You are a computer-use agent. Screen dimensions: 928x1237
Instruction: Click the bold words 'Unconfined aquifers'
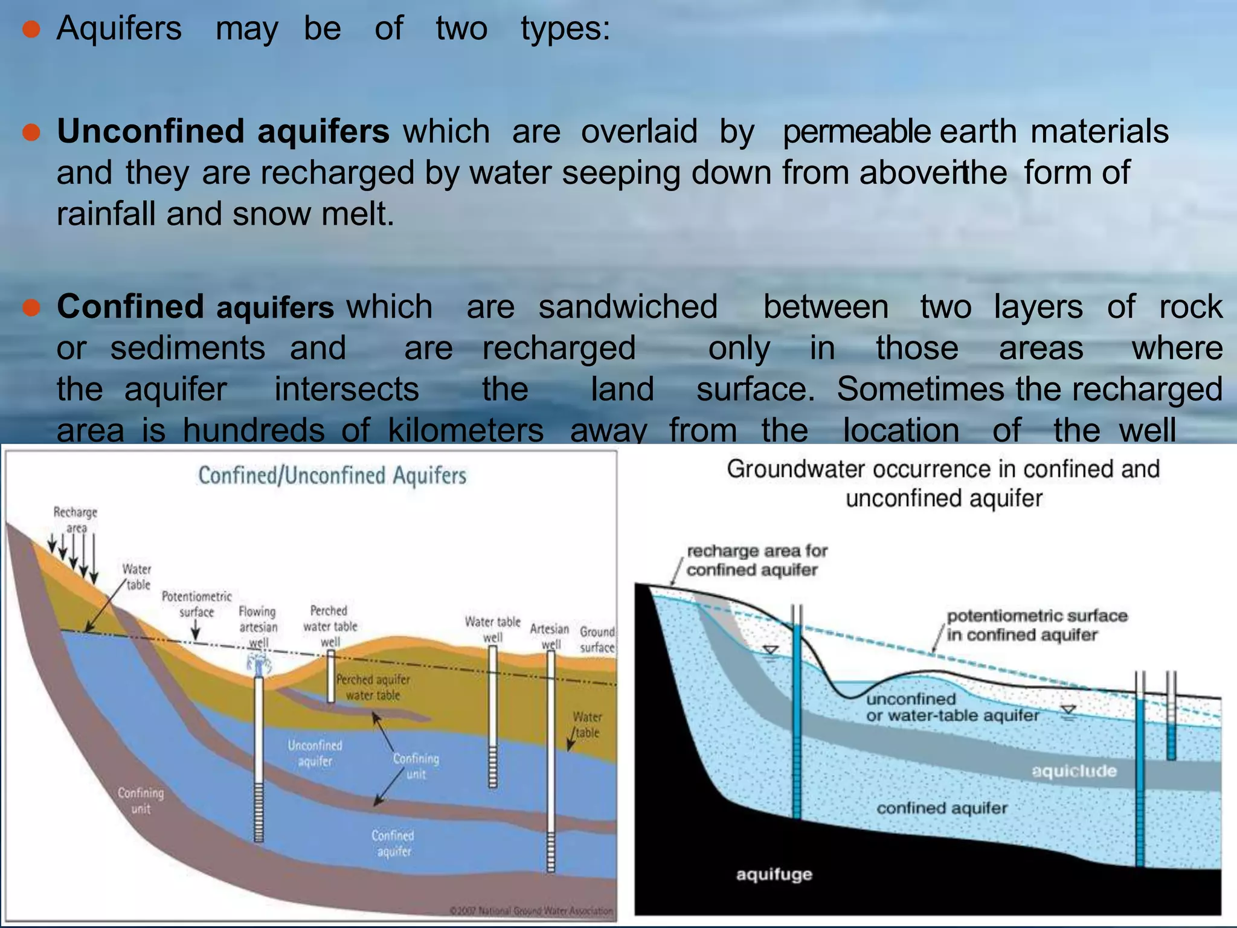tap(223, 132)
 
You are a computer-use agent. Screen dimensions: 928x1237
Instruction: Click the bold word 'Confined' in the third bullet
tap(130, 307)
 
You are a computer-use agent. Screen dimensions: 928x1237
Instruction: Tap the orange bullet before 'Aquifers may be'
tap(31, 29)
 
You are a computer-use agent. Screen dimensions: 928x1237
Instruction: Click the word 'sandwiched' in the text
tap(628, 307)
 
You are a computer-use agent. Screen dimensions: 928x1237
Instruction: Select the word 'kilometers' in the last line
tap(465, 430)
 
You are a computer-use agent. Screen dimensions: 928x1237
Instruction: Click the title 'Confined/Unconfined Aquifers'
tap(332, 476)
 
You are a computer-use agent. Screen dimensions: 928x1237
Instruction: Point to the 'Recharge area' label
tap(76, 520)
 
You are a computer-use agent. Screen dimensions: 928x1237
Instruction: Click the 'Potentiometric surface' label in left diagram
tap(196, 604)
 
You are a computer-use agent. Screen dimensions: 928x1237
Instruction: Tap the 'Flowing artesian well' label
tap(258, 627)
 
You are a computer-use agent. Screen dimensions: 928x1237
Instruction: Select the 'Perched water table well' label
tap(330, 626)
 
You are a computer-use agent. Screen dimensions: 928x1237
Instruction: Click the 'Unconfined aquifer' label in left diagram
tap(315, 753)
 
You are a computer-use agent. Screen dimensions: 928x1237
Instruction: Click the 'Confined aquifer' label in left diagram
tap(393, 843)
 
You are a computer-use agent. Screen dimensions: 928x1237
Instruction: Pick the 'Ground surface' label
tap(597, 640)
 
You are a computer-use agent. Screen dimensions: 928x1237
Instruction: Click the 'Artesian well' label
tap(549, 636)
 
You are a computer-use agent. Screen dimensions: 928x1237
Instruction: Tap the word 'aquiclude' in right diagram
tap(1074, 771)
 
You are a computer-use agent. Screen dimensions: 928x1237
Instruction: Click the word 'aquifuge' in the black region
tap(774, 874)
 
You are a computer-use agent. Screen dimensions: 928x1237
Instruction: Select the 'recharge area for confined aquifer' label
tap(756, 560)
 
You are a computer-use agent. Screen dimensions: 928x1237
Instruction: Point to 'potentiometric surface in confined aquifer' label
tap(1036, 625)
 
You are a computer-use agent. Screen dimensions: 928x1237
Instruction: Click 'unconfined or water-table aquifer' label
tap(951, 707)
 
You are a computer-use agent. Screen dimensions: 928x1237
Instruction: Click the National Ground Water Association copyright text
tap(531, 910)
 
